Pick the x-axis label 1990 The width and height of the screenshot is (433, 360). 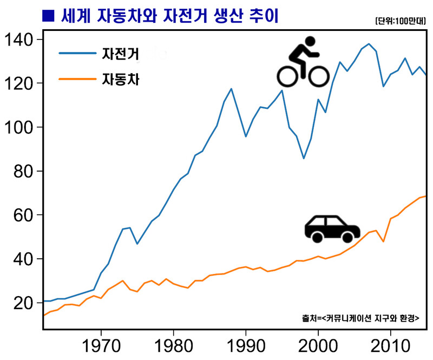246,345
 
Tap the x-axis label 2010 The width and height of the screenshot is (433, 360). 390,345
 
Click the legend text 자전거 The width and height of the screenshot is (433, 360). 121,54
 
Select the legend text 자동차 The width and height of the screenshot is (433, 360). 121,81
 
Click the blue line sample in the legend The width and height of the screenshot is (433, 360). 76,54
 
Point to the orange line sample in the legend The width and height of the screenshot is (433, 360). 76,81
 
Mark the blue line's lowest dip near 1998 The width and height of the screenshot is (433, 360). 304,158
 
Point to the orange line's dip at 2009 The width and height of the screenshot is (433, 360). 383,241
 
